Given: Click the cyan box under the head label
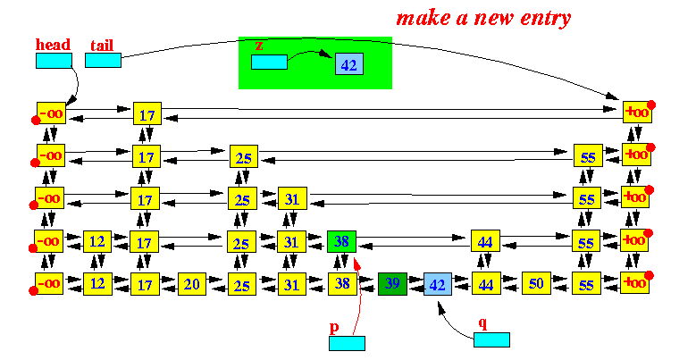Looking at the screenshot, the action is coord(54,61).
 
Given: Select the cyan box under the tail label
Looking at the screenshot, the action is coord(103,61).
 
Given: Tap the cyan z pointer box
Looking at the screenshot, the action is coord(269,63).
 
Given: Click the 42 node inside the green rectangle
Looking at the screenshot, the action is coord(348,63).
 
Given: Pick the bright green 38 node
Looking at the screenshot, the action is coord(341,241).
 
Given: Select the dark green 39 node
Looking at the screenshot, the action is coord(392,284).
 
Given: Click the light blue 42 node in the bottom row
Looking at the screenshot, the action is coord(438,284).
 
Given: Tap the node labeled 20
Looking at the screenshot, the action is coord(192,284).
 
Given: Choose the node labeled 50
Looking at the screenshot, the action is coord(536,283).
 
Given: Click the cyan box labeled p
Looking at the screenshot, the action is coord(348,343).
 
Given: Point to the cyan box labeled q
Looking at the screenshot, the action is coord(491,339).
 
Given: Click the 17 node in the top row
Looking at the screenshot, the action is coord(147,113).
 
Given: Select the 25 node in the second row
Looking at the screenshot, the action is coord(244,156).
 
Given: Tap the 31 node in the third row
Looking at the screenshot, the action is coord(292,198).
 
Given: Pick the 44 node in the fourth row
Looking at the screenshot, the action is coord(486,241).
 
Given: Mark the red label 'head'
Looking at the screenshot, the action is coord(54,45).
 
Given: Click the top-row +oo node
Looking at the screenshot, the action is coord(637,112).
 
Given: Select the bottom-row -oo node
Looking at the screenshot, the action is coord(49,283).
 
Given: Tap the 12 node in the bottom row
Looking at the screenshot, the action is coord(97,284).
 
